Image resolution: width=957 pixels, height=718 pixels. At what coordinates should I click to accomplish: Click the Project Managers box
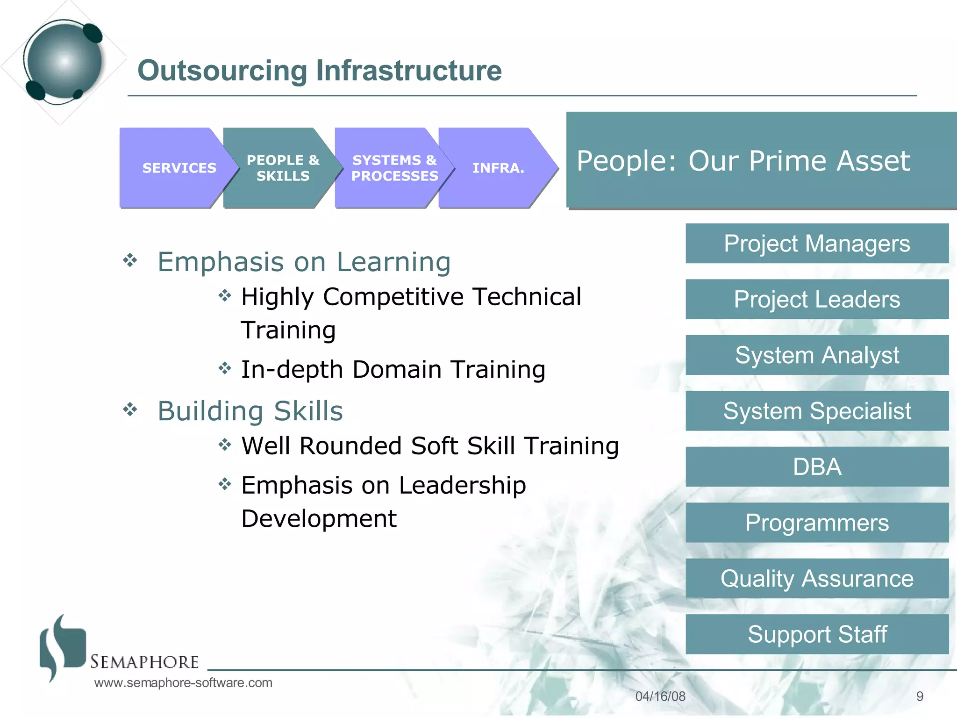[x=817, y=244]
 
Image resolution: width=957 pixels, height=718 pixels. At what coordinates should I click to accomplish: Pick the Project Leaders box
[x=817, y=299]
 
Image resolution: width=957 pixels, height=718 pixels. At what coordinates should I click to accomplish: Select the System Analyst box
[x=817, y=355]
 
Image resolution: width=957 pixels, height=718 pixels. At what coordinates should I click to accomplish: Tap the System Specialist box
[x=817, y=411]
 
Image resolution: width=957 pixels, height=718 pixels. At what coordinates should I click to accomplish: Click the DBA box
[x=817, y=467]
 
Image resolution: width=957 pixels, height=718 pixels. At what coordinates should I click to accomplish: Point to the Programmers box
[x=817, y=523]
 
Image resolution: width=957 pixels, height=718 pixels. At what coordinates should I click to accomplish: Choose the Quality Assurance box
[x=817, y=578]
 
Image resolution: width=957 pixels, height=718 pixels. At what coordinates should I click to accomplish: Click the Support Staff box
[x=817, y=634]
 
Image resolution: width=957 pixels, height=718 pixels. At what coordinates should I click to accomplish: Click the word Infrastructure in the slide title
[x=408, y=71]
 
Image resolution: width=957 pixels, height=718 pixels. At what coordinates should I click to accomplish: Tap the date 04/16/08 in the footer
[x=660, y=696]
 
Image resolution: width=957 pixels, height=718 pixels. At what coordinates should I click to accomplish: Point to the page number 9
[x=920, y=696]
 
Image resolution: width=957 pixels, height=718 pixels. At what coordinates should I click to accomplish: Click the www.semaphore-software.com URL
[x=183, y=683]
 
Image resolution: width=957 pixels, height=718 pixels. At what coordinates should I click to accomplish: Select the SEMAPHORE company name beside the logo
[x=144, y=662]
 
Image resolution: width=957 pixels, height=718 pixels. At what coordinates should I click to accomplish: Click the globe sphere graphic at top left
[x=64, y=61]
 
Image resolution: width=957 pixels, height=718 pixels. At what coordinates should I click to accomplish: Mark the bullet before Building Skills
[x=130, y=410]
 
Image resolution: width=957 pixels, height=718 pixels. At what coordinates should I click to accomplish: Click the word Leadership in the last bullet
[x=462, y=485]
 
